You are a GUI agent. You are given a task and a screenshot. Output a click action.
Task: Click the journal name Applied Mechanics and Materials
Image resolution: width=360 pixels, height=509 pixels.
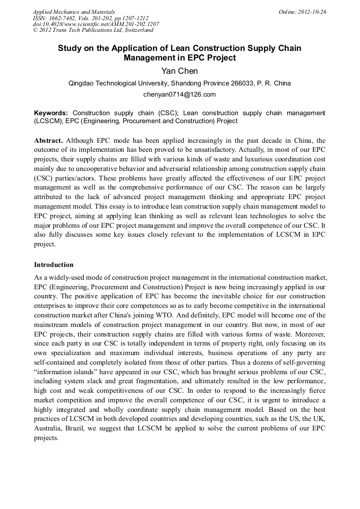coord(74,12)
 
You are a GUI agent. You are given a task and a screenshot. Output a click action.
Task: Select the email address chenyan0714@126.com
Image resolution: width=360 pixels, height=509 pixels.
coord(179,94)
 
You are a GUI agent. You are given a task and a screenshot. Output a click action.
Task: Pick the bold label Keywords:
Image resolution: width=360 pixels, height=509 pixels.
coord(51,113)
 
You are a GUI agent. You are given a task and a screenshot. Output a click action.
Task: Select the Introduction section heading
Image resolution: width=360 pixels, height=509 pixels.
coord(54,265)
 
